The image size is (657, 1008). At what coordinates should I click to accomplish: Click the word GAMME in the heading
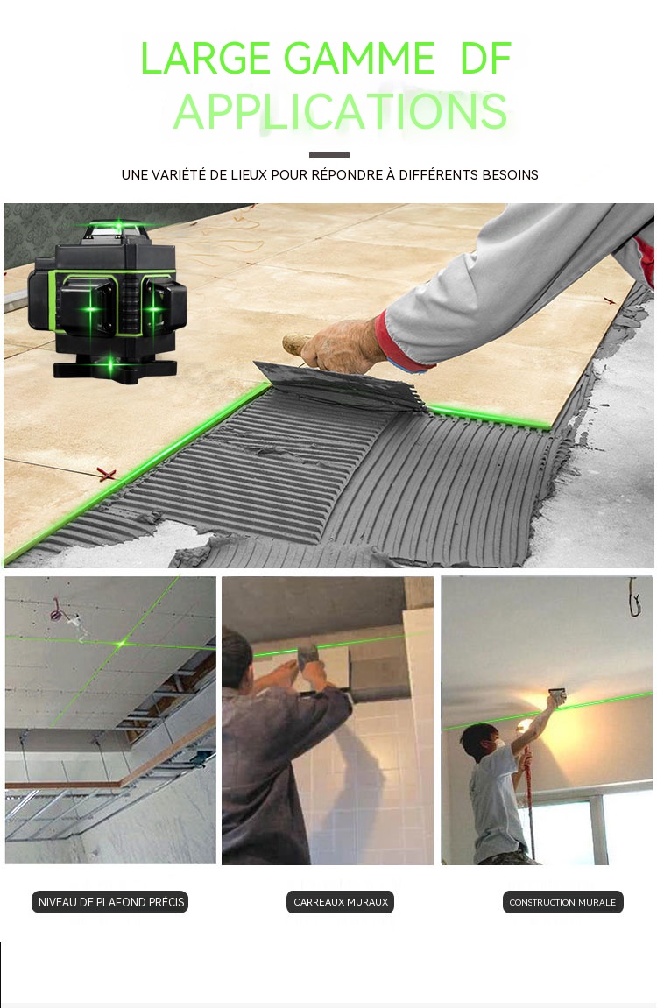pyautogui.click(x=359, y=59)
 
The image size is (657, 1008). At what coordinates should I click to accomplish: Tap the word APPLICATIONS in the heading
pyautogui.click(x=340, y=111)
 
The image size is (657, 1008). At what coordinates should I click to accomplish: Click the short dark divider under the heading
pyautogui.click(x=328, y=155)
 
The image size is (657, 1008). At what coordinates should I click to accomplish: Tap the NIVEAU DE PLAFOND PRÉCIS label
pyautogui.click(x=110, y=902)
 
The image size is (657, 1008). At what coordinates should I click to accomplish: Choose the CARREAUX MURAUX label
pyautogui.click(x=340, y=902)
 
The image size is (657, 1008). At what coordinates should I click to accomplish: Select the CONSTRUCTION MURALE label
pyautogui.click(x=562, y=902)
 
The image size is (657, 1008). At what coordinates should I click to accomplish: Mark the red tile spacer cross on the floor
pyautogui.click(x=106, y=475)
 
